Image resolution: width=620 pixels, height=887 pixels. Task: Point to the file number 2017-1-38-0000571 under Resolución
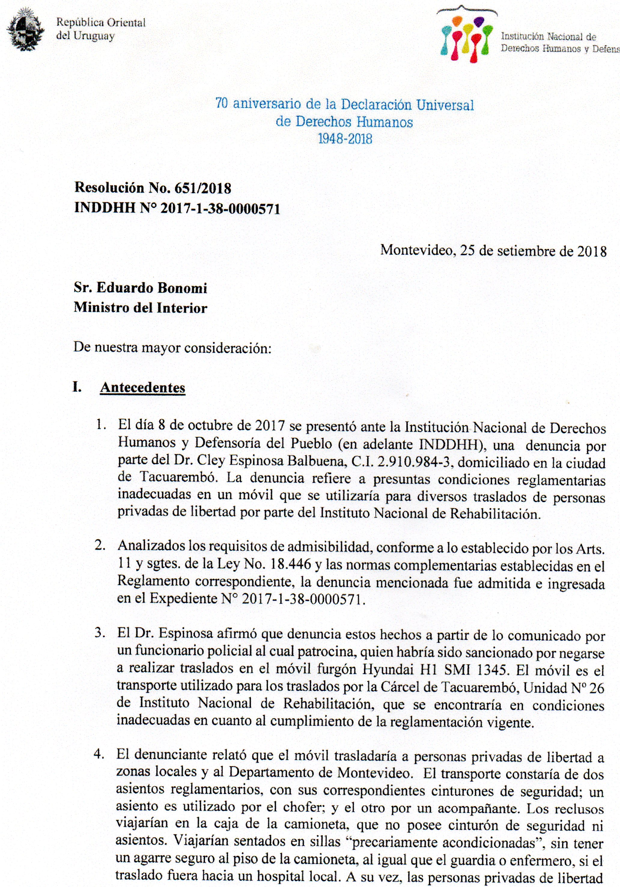220,209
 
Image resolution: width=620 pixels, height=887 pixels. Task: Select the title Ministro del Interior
141,308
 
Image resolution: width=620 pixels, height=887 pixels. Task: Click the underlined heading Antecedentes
143,388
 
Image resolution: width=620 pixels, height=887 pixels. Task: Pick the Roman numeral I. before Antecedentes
77,387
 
